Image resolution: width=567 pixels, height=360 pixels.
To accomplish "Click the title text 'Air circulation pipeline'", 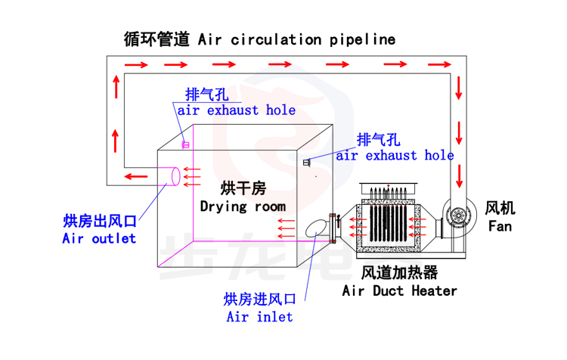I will pos(296,39).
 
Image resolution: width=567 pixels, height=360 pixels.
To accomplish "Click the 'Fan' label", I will pos(500,226).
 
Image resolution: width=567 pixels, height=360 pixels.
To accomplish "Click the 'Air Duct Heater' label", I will pos(400,290).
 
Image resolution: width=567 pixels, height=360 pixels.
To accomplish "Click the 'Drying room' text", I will pos(243,206).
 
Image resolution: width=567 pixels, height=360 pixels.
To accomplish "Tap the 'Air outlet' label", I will pos(99,238).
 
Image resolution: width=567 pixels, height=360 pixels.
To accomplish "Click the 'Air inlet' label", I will pos(259,317).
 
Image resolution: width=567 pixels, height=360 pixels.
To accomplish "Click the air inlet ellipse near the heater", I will pos(315,228).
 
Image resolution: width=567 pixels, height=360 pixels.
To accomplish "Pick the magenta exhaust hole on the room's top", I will pos(184,144).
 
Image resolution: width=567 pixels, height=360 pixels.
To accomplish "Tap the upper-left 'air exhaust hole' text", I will pos(237,110).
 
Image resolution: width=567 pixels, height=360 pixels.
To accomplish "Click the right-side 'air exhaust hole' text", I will pos(395,156).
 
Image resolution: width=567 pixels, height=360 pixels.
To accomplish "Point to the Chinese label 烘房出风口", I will pos(99,221).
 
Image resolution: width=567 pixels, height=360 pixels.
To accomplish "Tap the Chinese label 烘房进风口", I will pos(259,299).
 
